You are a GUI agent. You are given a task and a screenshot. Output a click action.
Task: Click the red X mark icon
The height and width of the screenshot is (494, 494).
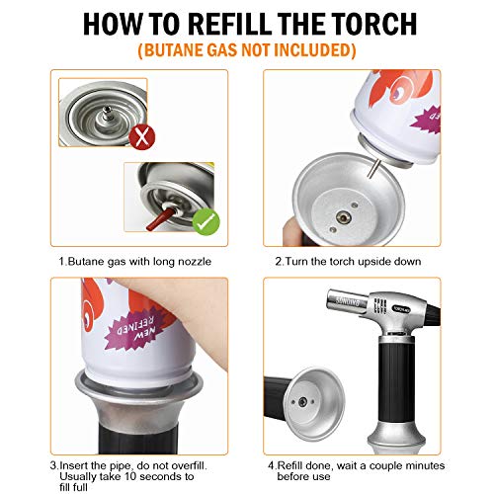[142, 137]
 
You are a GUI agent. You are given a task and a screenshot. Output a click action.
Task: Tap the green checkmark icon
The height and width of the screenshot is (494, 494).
[206, 221]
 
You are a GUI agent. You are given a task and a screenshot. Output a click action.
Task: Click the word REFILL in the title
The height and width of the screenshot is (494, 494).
[230, 24]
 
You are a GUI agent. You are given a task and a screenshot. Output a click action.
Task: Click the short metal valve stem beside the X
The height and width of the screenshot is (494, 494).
[106, 114]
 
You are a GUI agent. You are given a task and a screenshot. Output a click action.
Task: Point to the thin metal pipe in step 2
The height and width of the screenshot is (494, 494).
[373, 168]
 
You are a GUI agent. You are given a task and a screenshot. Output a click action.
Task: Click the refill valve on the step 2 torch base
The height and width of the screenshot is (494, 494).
[343, 217]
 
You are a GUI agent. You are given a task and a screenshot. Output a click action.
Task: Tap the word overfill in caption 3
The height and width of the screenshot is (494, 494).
[189, 465]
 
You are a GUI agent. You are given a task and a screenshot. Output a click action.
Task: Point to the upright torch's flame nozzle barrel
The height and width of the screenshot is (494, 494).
[346, 301]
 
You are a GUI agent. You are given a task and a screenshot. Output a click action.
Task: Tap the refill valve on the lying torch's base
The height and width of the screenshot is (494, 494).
[302, 402]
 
